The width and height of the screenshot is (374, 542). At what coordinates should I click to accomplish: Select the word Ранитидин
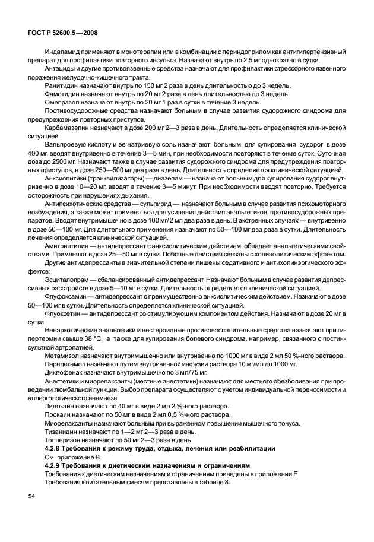click(x=62, y=86)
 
